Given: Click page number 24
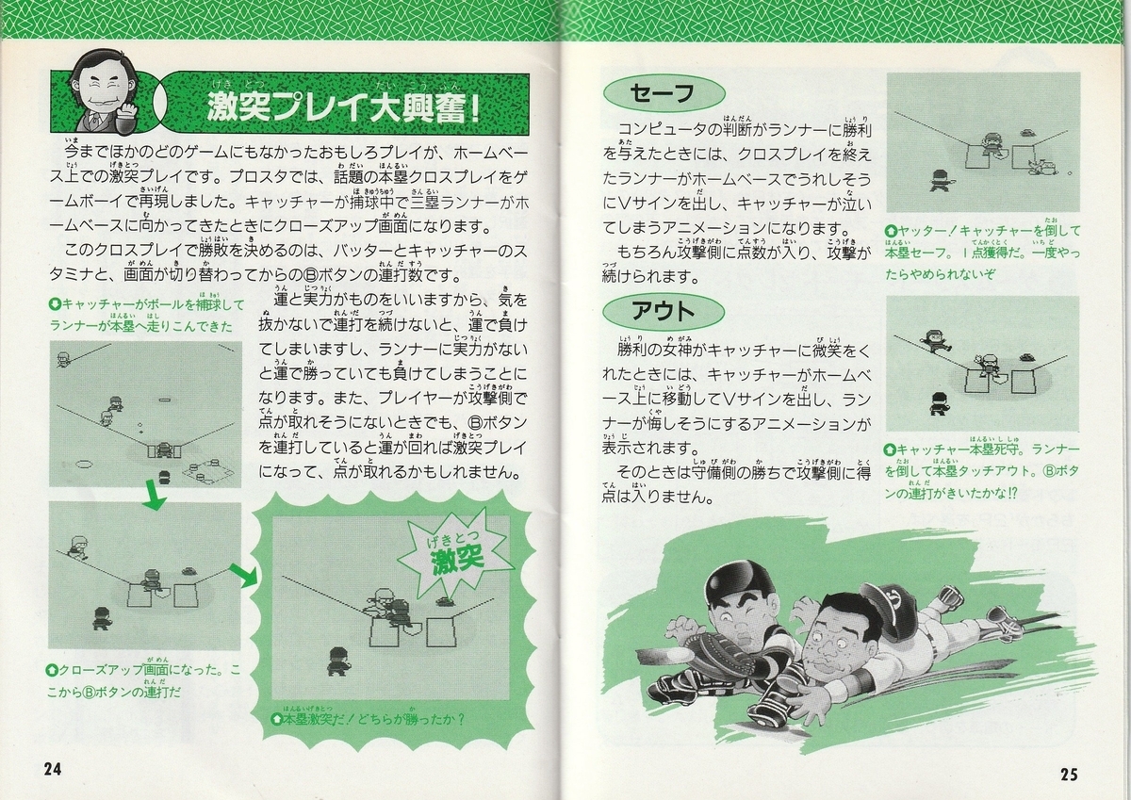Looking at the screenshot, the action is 53,769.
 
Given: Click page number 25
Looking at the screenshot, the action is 1069,774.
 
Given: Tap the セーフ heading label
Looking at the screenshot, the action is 664,93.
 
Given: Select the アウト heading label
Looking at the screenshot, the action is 664,311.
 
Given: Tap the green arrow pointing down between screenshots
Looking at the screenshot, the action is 154,498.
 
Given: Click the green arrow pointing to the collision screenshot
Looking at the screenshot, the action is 244,576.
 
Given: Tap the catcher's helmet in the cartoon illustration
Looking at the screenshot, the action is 739,585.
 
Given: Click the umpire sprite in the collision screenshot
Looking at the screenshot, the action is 337,661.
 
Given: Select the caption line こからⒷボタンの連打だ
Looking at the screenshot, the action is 114,693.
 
